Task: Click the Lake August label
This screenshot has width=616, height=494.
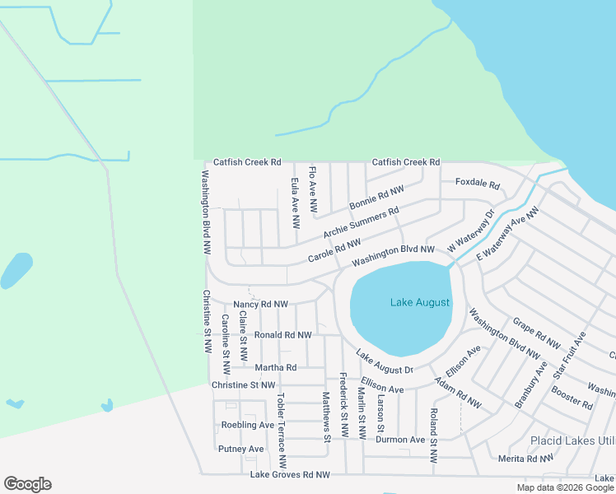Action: (419, 303)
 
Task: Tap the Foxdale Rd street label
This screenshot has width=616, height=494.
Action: (478, 184)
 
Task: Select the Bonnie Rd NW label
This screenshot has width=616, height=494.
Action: (376, 198)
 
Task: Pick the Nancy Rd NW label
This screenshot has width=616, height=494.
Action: (260, 304)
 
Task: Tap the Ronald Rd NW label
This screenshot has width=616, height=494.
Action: (282, 335)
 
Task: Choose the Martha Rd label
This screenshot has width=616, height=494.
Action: (275, 367)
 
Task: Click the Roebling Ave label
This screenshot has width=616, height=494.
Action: (247, 425)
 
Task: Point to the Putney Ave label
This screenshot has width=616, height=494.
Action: (240, 449)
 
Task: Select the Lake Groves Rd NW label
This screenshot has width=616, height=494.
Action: (289, 475)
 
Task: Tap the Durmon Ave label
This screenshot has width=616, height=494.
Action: (401, 440)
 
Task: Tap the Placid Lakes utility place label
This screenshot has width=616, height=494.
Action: (572, 440)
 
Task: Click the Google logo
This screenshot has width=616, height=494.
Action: (27, 484)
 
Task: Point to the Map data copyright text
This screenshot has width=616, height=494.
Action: (565, 487)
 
